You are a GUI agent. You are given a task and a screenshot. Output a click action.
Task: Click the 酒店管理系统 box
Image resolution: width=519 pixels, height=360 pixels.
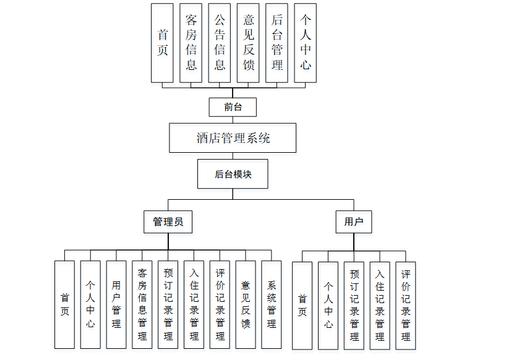(233, 138)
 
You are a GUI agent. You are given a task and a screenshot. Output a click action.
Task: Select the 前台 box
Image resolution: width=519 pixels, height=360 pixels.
(233, 107)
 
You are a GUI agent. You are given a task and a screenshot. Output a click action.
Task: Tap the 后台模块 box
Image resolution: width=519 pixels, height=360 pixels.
(233, 174)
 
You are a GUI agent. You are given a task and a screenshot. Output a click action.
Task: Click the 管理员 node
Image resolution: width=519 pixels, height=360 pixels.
(168, 221)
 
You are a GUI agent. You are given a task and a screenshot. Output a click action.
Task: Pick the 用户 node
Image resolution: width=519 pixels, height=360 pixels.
(353, 221)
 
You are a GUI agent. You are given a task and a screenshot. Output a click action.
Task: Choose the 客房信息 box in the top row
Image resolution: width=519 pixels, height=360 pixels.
(191, 43)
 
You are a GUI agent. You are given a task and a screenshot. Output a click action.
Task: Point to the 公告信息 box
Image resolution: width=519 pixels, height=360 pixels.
(220, 43)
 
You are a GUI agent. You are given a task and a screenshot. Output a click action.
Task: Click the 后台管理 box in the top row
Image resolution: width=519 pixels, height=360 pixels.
(277, 43)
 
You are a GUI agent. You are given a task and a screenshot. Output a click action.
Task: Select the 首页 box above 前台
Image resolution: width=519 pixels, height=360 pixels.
(162, 43)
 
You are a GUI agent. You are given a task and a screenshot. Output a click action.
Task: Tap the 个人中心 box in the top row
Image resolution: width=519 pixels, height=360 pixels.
(305, 43)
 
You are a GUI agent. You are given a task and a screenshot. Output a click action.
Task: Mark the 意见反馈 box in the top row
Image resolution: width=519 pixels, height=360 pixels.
(248, 43)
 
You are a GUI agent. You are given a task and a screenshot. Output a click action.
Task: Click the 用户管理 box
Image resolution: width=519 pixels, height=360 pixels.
(116, 304)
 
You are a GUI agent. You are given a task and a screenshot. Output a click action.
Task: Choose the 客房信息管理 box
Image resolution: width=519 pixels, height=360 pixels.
(142, 304)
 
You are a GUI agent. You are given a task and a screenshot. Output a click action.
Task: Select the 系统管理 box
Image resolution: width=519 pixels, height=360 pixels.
(272, 304)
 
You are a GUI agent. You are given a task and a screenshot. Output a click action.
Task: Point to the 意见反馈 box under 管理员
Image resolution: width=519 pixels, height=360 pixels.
(246, 304)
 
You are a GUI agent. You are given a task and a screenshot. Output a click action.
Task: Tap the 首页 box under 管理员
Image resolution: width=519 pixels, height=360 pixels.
(64, 304)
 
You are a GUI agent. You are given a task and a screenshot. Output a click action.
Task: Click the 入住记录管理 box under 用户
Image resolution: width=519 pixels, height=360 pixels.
(380, 304)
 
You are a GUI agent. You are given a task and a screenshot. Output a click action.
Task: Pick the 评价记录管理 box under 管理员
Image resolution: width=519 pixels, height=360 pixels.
(220, 304)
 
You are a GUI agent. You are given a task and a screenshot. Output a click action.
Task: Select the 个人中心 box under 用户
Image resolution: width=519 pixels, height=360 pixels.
(328, 304)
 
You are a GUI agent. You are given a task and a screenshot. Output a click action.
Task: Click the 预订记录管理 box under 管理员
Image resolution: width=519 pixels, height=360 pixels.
(168, 304)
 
